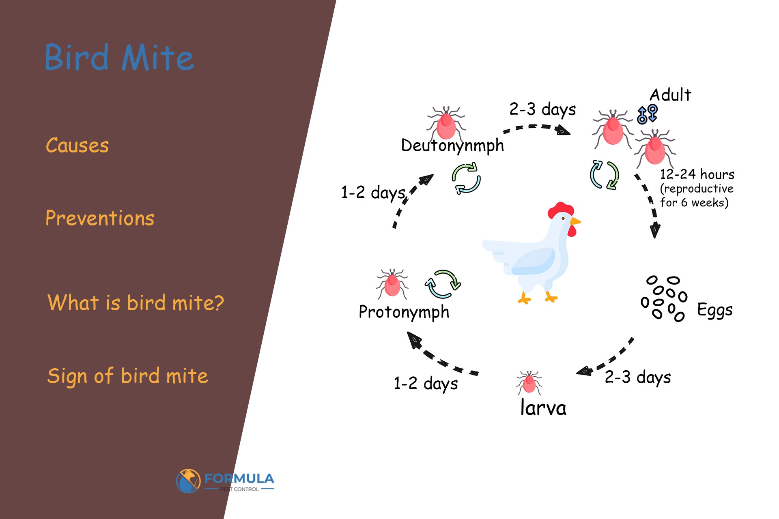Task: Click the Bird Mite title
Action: [x=119, y=58]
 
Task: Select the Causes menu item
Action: [x=77, y=145]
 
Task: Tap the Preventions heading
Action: [x=100, y=218]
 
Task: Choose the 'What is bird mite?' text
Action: [x=136, y=302]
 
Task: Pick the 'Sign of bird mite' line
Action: [x=127, y=376]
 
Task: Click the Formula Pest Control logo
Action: [x=225, y=481]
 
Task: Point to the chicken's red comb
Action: [x=560, y=210]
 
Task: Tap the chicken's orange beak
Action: [x=575, y=221]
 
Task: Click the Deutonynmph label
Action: [x=452, y=146]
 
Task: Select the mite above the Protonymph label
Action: [x=392, y=283]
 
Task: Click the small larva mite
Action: [x=529, y=382]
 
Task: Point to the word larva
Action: [x=543, y=408]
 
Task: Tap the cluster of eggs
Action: [x=664, y=299]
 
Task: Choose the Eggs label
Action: [x=714, y=310]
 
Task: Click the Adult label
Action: [x=670, y=95]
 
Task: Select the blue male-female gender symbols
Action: [x=647, y=114]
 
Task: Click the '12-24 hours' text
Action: [x=697, y=174]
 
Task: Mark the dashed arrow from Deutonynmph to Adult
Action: [x=536, y=129]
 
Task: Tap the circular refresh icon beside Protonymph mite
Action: [x=443, y=284]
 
